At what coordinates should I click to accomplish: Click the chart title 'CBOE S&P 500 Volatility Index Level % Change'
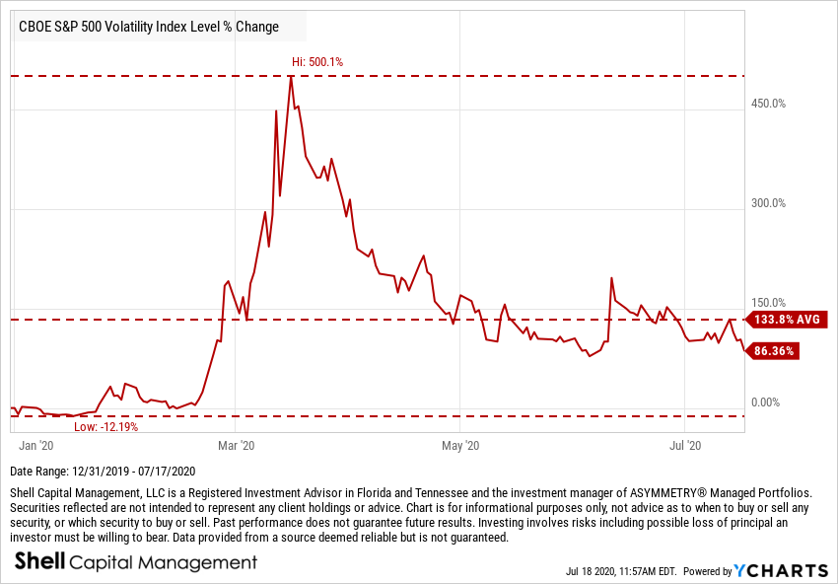[x=149, y=27]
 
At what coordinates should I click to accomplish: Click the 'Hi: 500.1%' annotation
[x=317, y=62]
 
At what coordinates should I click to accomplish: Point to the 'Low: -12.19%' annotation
[x=106, y=427]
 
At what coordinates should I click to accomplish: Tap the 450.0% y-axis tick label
[x=767, y=104]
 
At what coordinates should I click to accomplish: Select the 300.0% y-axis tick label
[x=767, y=203]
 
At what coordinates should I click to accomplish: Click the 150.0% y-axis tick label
[x=767, y=303]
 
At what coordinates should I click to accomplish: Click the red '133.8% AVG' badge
[x=787, y=320]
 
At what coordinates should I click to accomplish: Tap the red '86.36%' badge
[x=774, y=350]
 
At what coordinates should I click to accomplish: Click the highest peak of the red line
[x=291, y=76]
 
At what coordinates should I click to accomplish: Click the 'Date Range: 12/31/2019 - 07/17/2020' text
[x=103, y=472]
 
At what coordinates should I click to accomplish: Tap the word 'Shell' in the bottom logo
[x=39, y=562]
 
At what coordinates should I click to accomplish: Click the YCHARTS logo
[x=781, y=570]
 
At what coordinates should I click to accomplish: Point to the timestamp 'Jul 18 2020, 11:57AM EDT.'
[x=621, y=571]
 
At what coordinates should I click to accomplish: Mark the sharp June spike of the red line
[x=612, y=278]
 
